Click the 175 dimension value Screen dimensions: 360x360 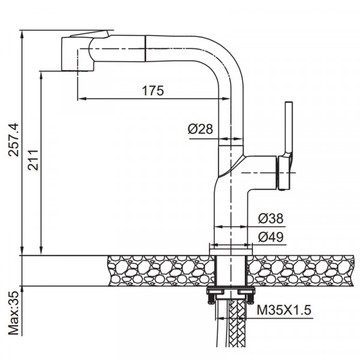(x=153, y=91)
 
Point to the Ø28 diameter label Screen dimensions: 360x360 (x=200, y=129)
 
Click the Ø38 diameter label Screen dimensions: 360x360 (x=271, y=218)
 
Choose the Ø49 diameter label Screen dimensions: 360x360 (x=271, y=237)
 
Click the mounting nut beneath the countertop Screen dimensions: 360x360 (x=230, y=293)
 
